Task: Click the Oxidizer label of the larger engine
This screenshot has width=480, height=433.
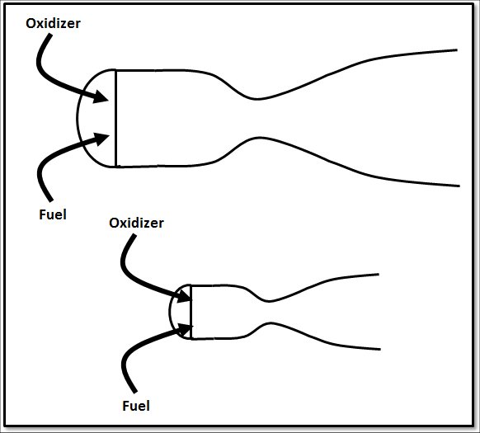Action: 53,24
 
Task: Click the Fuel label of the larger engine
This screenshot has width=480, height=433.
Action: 53,214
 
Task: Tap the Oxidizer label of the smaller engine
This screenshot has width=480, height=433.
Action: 136,223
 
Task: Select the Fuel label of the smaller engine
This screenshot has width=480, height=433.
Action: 136,406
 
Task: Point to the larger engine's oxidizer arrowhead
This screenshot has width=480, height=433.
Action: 101,96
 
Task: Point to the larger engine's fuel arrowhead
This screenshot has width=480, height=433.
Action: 102,139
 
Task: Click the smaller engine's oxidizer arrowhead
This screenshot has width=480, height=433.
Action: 185,296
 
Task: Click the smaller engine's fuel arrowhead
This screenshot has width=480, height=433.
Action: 186,330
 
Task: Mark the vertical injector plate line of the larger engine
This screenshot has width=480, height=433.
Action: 116,118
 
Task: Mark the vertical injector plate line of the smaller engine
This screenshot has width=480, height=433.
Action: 191,312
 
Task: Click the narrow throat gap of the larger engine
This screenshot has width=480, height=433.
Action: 257,118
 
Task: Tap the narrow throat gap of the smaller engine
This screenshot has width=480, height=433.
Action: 269,312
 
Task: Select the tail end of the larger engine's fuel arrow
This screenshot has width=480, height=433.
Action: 50,200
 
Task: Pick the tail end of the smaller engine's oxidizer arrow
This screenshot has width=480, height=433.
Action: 134,236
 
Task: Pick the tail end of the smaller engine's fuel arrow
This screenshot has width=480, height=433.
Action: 134,392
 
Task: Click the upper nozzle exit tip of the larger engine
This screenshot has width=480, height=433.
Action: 457,50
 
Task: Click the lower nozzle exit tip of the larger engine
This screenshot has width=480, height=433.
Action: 459,186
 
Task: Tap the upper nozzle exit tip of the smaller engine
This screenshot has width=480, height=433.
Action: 379,275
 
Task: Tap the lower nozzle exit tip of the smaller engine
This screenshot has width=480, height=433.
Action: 380,349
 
